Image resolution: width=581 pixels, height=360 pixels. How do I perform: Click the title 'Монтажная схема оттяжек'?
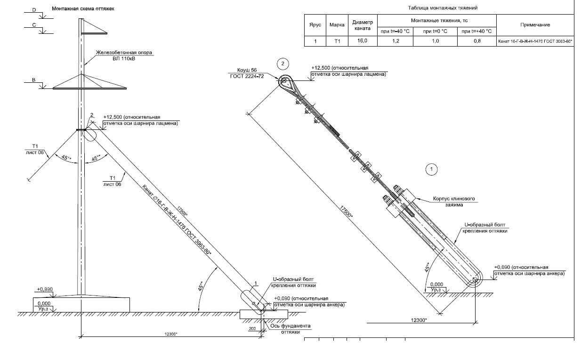coord(83,8)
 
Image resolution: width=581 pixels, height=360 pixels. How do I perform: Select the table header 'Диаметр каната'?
coord(362,24)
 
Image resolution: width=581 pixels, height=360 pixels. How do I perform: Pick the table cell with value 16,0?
coord(362,41)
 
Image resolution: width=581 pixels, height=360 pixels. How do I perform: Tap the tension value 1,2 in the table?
coord(395,41)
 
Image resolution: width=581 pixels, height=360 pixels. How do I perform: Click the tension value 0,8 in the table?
coord(477,41)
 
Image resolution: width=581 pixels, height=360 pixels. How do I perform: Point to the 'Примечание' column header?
coord(535,24)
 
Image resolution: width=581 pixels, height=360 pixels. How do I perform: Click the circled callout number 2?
coord(282,63)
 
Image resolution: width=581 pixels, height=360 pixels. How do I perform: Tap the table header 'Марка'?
coord(337,24)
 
